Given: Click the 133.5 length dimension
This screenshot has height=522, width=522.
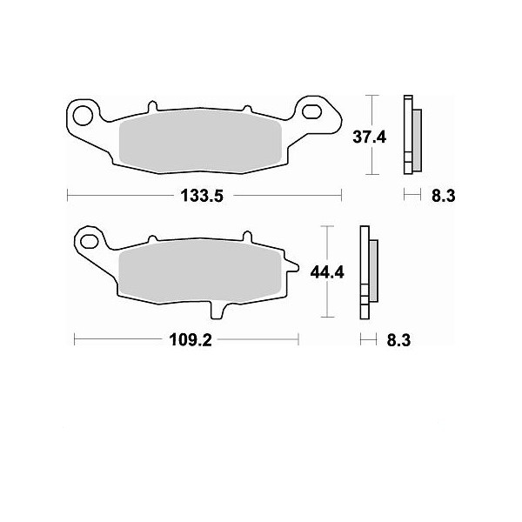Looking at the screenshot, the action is coord(202,196).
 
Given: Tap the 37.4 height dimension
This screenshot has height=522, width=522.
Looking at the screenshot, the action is coord(369,137).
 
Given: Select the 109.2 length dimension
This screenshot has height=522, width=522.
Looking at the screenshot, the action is coord(191,340).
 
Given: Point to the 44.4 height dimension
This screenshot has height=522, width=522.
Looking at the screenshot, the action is coord(327,272).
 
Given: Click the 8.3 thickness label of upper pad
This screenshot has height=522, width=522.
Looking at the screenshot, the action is coord(443,196).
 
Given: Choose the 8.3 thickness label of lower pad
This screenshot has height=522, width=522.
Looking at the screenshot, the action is coord(398,340).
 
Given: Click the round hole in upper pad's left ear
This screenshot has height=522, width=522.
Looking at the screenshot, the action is coord(83,117).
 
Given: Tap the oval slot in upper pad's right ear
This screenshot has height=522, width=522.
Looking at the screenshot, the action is coord(311,112).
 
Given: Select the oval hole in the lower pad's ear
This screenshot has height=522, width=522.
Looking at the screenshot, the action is coord(90,242).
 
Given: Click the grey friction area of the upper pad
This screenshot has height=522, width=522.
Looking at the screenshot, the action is coord(200,142).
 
